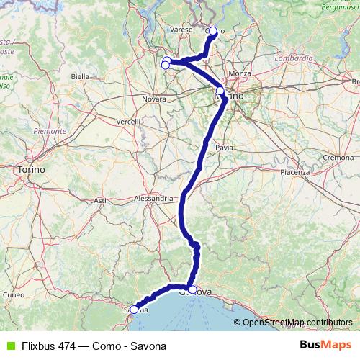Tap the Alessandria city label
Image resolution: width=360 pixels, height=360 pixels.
tap(154, 198)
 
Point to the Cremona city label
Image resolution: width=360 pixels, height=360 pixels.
tap(338, 157)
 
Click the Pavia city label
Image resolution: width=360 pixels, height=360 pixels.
tap(224, 147)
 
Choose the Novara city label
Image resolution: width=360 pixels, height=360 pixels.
tap(154, 99)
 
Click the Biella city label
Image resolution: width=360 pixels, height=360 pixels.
tap(80, 76)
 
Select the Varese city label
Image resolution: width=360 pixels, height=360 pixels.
tap(180, 30)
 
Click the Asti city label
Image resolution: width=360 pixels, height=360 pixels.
tap(100, 200)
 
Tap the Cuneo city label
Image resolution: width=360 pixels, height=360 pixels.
tap(13, 294)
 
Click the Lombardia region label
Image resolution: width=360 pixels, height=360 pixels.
tap(294, 58)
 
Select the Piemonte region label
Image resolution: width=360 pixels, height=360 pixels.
tap(50, 131)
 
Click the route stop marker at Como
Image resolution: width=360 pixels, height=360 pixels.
tap(213, 31)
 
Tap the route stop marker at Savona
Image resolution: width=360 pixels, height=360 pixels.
tap(134, 310)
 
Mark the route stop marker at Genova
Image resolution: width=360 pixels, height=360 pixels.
tap(192, 289)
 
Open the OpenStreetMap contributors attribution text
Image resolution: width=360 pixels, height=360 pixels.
tap(297, 322)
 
